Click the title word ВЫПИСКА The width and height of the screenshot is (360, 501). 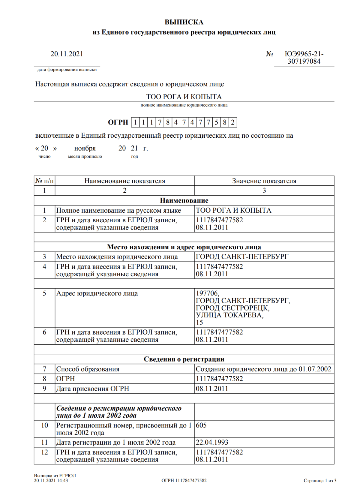coord(184,22)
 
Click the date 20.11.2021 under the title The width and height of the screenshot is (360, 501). coord(67,54)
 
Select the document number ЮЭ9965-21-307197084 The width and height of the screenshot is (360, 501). coord(304,58)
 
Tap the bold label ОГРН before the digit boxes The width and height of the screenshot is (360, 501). coord(118,122)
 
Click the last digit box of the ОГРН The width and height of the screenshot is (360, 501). coord(233,122)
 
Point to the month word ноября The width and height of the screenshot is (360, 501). coord(85,148)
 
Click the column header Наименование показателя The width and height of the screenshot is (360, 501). coord(124,181)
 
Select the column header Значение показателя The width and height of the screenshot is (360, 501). coord(264,181)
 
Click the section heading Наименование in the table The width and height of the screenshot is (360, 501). coord(184,200)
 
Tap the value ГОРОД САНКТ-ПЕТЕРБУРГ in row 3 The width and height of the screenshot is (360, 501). coord(242,257)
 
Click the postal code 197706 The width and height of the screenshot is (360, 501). coord(207,293)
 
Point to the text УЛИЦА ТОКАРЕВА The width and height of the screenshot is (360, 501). coord(229,315)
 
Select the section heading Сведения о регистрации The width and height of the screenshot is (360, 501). coord(184,359)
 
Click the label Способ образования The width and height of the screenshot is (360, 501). coord(88,369)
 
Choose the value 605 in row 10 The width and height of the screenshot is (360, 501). coord(201,425)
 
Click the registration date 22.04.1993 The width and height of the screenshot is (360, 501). coord(212,442)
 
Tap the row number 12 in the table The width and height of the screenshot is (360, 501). coord(44,452)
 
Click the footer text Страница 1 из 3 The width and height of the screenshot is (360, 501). coord(320,481)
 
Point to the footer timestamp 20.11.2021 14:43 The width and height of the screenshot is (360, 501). coord(51,481)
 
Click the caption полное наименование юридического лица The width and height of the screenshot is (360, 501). coord(184,105)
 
